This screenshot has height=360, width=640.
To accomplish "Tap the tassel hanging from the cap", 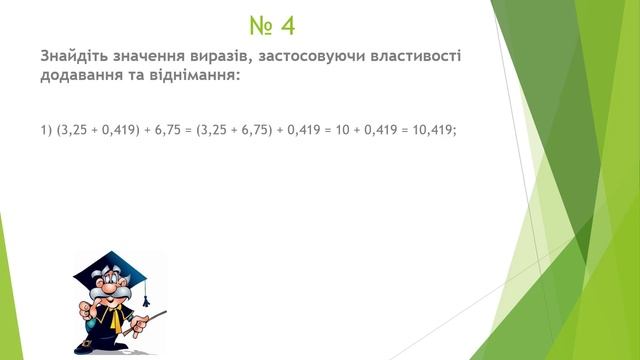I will coord(145,294).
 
